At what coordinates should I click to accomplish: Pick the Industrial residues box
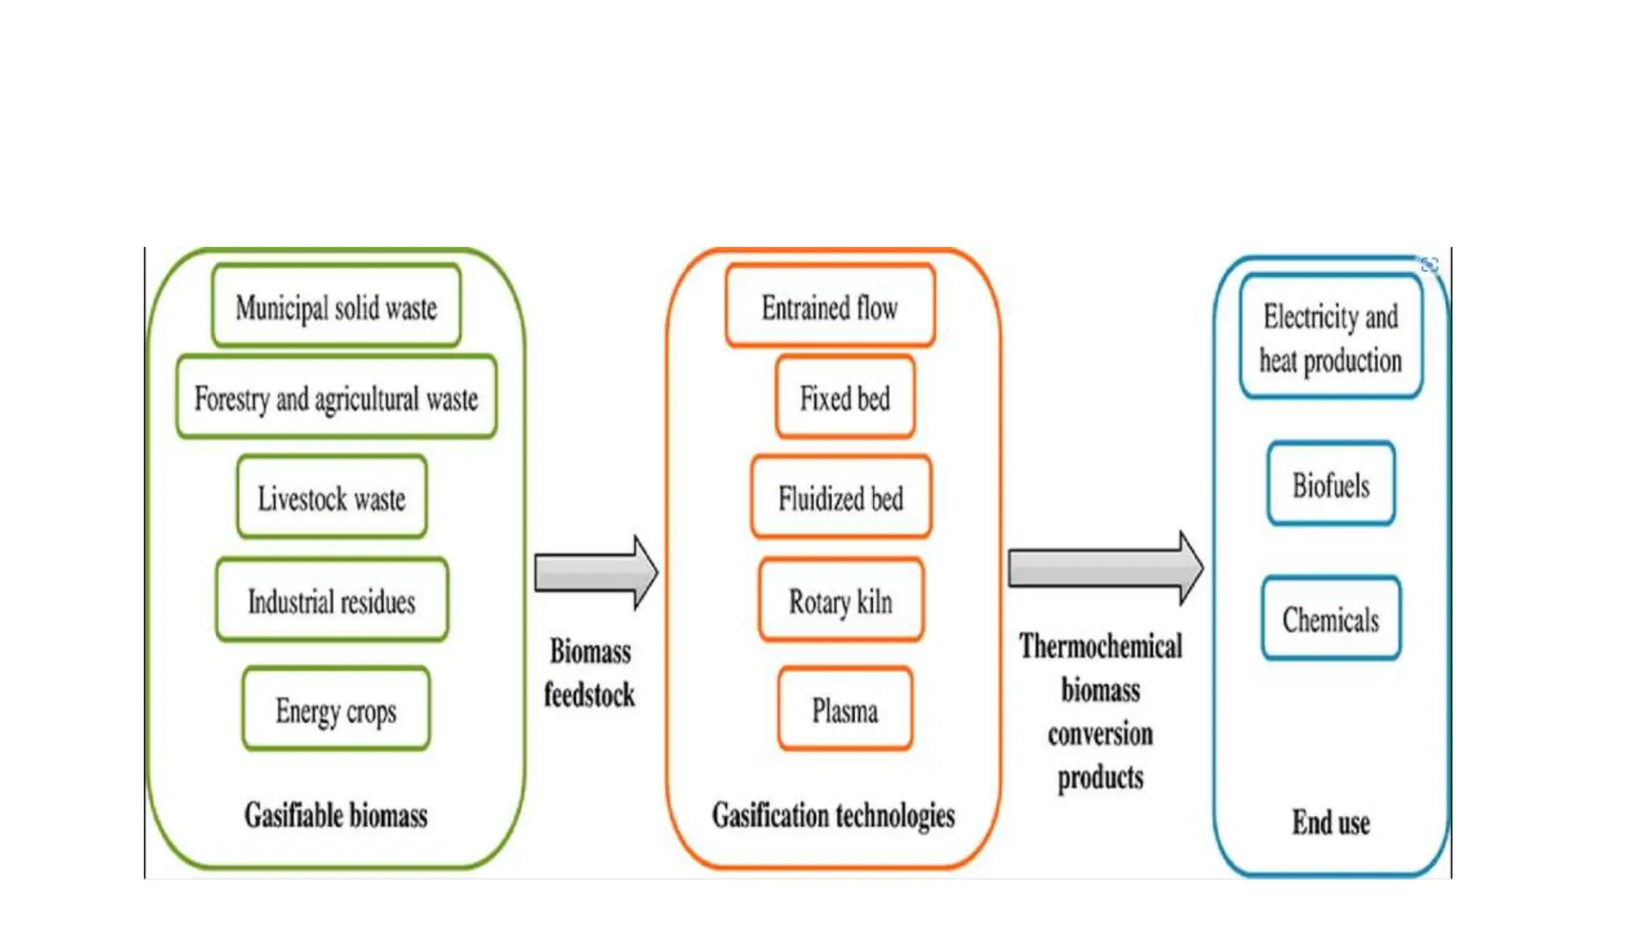331,601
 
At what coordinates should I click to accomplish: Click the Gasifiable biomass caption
335,815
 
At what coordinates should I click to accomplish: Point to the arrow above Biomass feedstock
595,573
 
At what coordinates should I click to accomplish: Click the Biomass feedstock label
589,673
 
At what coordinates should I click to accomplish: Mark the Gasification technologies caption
833,815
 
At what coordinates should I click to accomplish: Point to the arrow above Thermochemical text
1104,569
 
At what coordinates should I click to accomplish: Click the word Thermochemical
1100,647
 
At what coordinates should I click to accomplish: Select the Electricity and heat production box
1330,338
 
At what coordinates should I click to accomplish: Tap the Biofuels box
1331,485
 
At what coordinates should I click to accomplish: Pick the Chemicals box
1331,619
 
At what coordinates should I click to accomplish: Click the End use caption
1331,823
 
